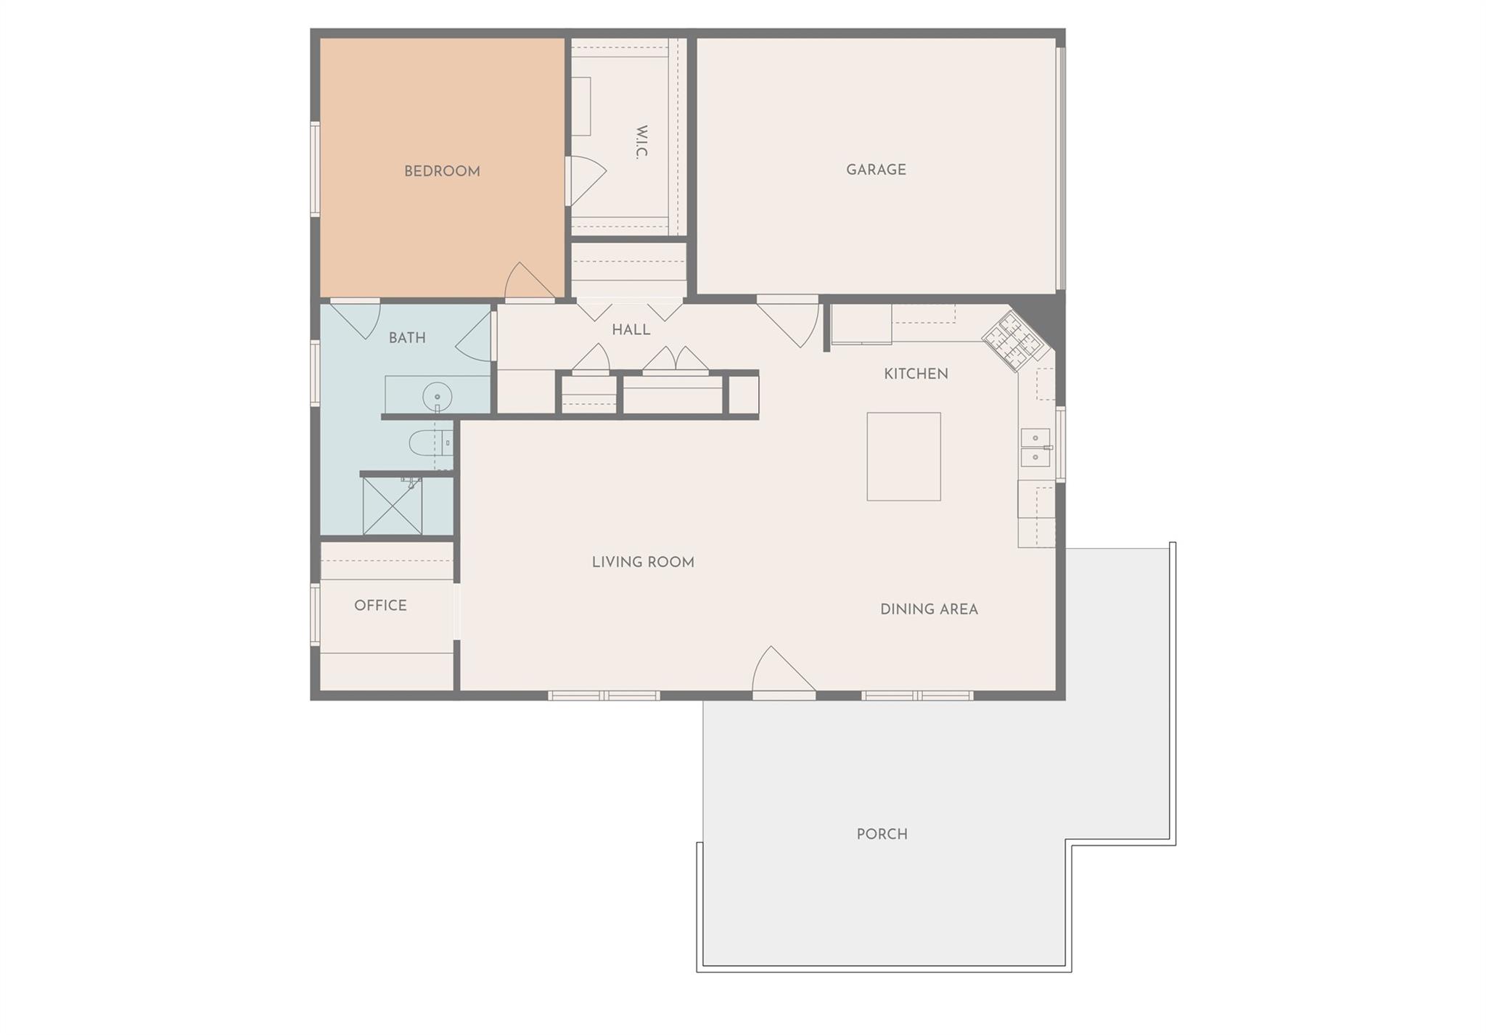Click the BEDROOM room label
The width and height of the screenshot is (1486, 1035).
point(442,172)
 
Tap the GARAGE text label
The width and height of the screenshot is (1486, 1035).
point(876,170)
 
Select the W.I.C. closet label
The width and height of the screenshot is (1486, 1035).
point(641,142)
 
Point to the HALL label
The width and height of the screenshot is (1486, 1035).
point(631,330)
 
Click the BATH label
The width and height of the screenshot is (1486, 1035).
point(407,338)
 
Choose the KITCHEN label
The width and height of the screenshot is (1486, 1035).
point(916,374)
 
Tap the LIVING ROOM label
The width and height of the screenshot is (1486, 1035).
point(643,562)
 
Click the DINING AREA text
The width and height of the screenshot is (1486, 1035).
point(929,609)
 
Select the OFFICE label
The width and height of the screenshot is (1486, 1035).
point(380,606)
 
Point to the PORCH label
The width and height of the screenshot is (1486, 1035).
point(882,834)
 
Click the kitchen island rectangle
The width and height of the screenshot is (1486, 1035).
point(903,457)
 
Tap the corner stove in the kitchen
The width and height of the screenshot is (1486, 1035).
point(1015,340)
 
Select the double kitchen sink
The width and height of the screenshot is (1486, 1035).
point(1035,448)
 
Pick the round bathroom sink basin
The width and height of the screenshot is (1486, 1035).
point(437,397)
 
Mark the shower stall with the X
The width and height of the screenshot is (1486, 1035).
point(393,506)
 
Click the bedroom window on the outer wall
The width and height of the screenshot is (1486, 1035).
point(315,169)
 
